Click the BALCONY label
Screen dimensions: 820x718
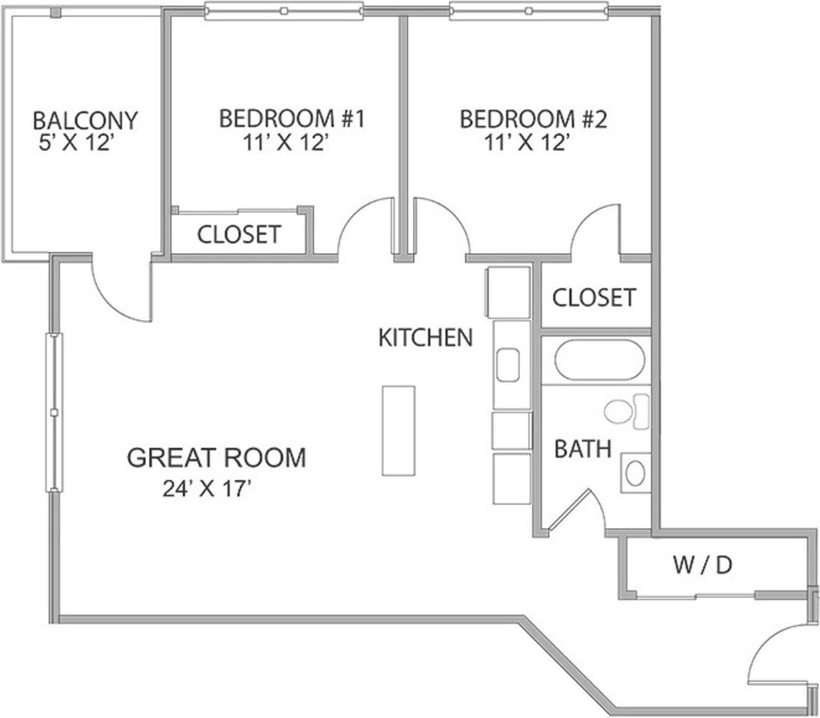pos(85,121)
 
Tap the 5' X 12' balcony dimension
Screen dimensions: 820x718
pos(76,142)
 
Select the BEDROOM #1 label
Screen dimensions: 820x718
pos(291,119)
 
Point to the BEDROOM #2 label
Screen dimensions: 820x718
pos(533,119)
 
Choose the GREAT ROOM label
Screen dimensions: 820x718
pos(216,458)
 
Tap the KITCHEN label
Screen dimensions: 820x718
pos(425,338)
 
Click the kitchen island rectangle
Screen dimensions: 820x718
pos(399,431)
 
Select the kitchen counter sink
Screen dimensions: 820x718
pos(507,365)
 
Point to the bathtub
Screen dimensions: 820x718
pos(599,360)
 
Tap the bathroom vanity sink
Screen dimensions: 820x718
pos(635,473)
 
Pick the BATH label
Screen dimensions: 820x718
pos(583,449)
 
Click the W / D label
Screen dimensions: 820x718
pos(703,565)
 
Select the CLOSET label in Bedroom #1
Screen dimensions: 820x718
pos(239,235)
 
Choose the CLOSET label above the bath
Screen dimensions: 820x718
pos(594,298)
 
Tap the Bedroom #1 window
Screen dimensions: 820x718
pos(284,11)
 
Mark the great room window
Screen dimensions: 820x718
pos(55,413)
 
